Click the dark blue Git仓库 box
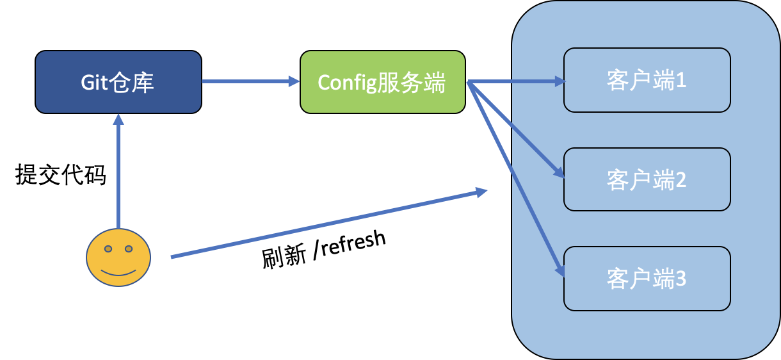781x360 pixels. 118,82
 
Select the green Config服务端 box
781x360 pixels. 383,82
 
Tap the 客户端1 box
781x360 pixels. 647,79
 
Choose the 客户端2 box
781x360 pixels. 647,179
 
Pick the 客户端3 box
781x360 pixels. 647,279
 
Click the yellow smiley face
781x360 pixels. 118,258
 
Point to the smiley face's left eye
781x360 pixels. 108,249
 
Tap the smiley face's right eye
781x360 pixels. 129,249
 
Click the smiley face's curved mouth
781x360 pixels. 118,272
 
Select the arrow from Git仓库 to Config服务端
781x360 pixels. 250,81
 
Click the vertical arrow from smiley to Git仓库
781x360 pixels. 118,173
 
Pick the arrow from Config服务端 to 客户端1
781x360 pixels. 515,81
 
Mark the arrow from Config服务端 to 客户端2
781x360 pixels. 516,129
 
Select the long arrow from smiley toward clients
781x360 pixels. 326,224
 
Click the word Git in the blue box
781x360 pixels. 93,83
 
